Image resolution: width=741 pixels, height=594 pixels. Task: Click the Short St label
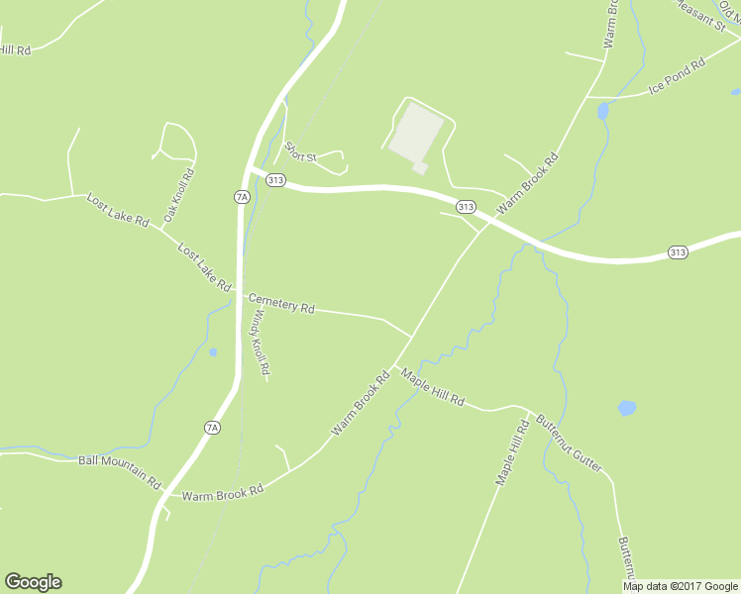pos(299,152)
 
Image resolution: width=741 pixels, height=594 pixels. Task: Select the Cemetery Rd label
pos(281,303)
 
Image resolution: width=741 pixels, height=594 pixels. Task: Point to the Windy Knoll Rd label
pos(259,343)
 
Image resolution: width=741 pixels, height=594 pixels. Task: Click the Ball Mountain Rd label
pos(119,471)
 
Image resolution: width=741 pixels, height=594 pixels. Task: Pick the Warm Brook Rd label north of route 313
pos(529,183)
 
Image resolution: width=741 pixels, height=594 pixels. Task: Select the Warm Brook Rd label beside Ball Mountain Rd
pos(223,491)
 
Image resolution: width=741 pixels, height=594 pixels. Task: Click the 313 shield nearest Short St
pos(276,180)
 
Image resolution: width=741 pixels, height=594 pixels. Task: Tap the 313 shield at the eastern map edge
pos(677,252)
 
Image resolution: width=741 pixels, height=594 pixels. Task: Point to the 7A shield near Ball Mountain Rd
pos(212,428)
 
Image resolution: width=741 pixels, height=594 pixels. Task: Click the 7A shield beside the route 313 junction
pos(242,197)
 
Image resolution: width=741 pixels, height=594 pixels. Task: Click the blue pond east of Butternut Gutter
pos(626,408)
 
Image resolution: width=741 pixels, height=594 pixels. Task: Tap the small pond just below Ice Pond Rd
pos(603,112)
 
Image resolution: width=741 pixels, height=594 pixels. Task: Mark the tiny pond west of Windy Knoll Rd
pos(213,351)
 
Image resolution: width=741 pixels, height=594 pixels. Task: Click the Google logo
pos(33,582)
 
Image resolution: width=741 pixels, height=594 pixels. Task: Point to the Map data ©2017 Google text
pos(681,586)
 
